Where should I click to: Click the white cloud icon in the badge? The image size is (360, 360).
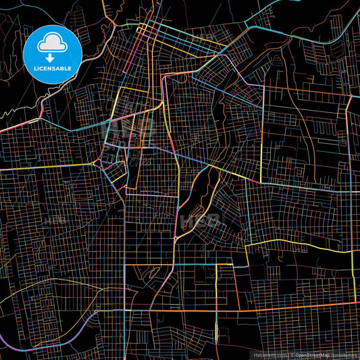pyautogui.click(x=53, y=43)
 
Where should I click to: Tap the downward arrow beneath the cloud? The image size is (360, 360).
pyautogui.click(x=53, y=50)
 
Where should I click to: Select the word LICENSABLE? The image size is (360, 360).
pyautogui.click(x=53, y=68)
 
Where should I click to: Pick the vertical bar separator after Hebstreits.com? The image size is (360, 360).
pyautogui.click(x=288, y=354)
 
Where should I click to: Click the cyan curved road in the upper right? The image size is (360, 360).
pyautogui.click(x=297, y=27)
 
